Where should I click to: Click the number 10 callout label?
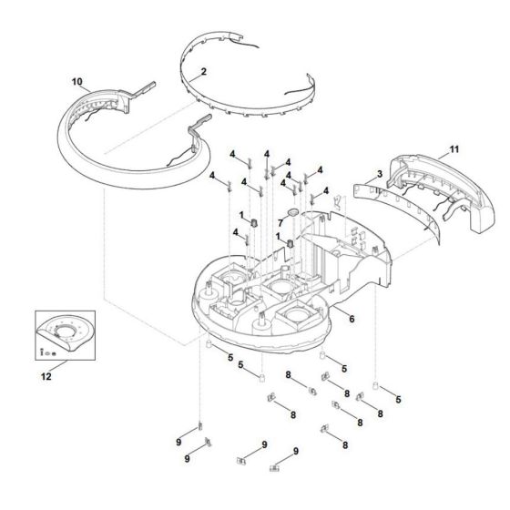76,83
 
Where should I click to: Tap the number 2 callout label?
204,70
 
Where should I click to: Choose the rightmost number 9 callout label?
295,452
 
